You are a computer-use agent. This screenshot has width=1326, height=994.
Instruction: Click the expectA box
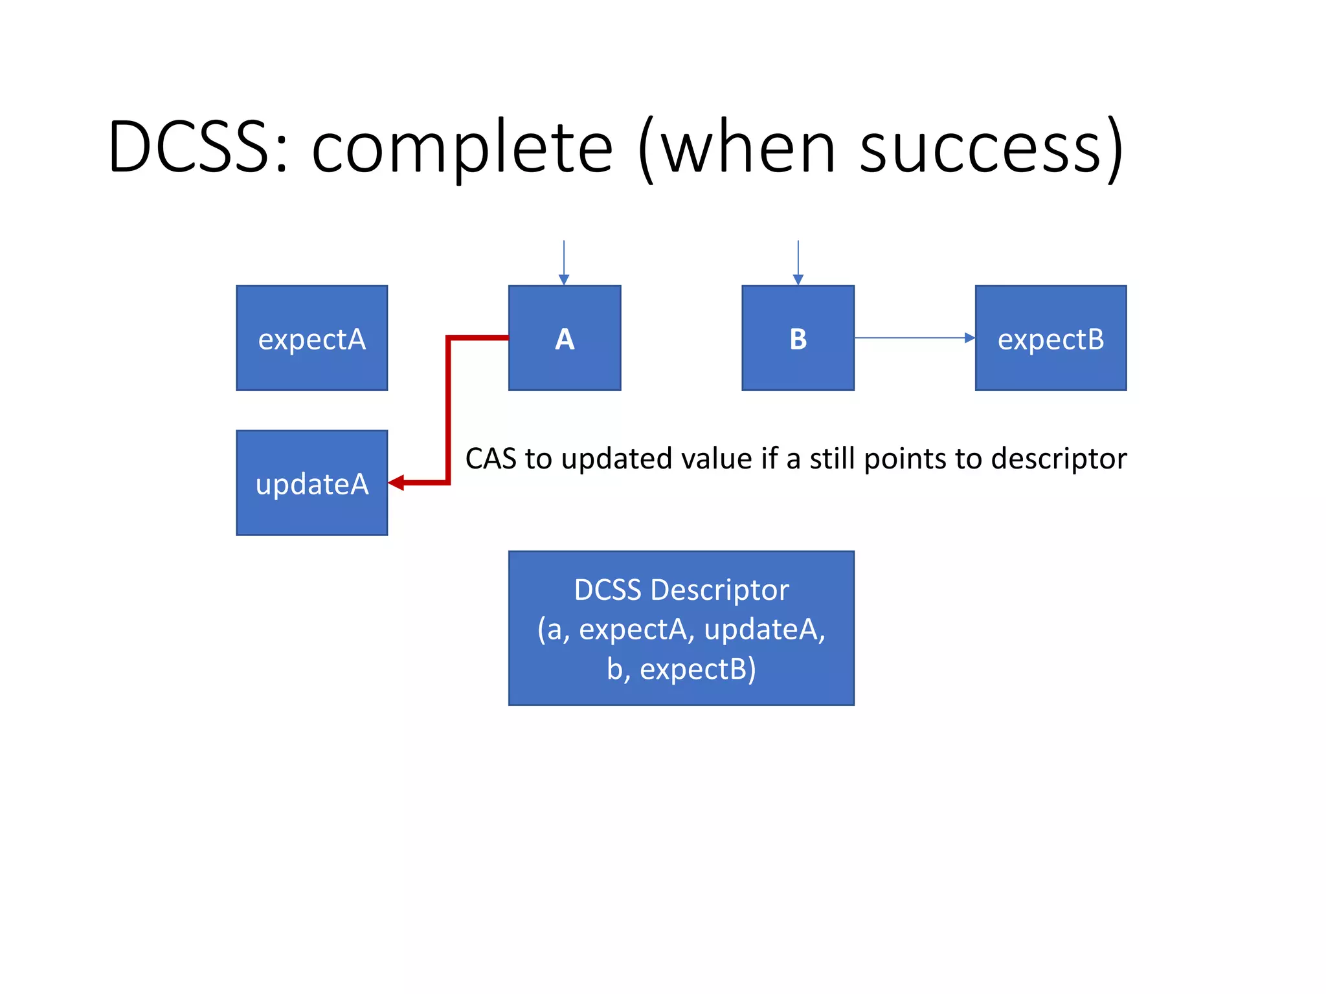pyautogui.click(x=311, y=338)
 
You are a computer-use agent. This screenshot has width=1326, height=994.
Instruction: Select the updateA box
pyautogui.click(x=311, y=483)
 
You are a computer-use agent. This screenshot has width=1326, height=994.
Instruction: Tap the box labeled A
pyautogui.click(x=565, y=338)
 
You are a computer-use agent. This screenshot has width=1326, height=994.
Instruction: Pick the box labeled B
pyautogui.click(x=798, y=338)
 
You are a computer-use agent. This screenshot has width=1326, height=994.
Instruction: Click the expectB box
pyautogui.click(x=1050, y=338)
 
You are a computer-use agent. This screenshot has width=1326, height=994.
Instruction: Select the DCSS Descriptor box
pyautogui.click(x=681, y=628)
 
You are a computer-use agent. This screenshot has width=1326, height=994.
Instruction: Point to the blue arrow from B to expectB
pyautogui.click(x=913, y=338)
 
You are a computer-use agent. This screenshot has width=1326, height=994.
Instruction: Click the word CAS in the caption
pyautogui.click(x=491, y=459)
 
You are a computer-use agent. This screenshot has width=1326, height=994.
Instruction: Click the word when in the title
pyautogui.click(x=748, y=149)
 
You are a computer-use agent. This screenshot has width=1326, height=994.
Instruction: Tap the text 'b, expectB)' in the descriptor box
pyautogui.click(x=681, y=669)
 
